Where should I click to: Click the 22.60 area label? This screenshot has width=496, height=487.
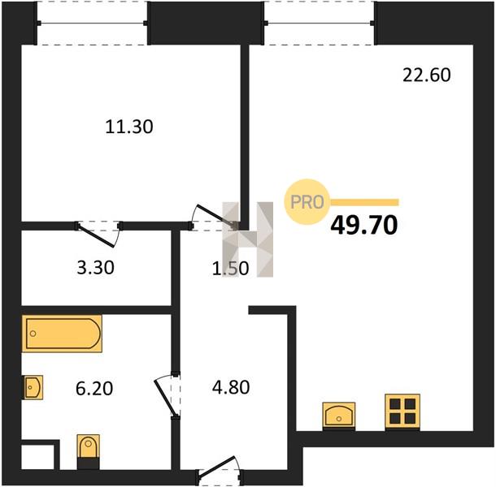[426, 75]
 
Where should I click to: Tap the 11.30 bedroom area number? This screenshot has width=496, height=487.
[129, 127]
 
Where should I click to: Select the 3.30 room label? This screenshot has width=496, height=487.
[95, 268]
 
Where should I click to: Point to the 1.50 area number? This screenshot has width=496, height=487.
[230, 269]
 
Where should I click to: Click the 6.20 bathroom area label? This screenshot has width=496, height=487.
[94, 388]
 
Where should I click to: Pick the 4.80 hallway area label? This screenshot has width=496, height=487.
[231, 387]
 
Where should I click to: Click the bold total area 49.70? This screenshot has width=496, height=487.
[363, 225]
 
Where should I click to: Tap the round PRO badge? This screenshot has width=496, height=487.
[307, 202]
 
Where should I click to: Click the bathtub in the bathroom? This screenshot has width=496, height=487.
[62, 334]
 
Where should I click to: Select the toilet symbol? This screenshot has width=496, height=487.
[89, 451]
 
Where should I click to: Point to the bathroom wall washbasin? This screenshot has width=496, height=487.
[33, 387]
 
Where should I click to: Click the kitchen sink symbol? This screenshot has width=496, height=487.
[339, 416]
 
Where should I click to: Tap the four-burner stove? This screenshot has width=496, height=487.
[402, 412]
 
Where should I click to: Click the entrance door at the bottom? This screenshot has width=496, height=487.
[219, 471]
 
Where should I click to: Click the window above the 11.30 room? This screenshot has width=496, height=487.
[92, 23]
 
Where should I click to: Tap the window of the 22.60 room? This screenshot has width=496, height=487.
[320, 23]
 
